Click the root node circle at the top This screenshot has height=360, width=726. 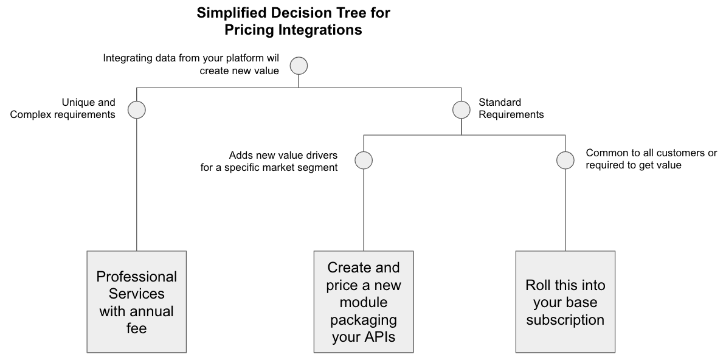(299, 66)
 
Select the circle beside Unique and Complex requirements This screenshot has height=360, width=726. (137, 109)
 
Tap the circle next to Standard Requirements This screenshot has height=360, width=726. (462, 109)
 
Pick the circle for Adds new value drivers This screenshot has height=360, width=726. (363, 161)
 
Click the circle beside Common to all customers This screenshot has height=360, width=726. (565, 161)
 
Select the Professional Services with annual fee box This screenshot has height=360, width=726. (136, 302)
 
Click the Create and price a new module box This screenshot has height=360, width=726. (364, 302)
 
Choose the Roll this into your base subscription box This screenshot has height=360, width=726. (565, 302)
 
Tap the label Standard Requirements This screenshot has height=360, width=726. (511, 108)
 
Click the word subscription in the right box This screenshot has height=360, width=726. (565, 320)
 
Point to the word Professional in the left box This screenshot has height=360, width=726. (137, 277)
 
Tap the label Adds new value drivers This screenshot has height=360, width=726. (269, 161)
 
